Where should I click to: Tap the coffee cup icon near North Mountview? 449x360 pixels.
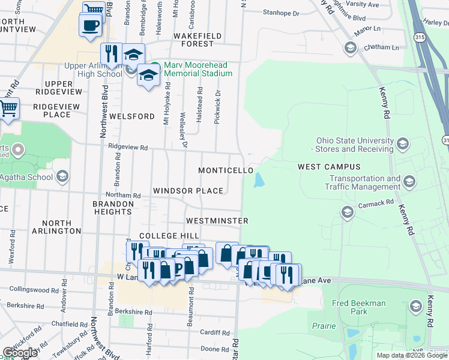point(91,26)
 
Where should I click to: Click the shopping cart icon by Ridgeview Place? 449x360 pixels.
point(8,109)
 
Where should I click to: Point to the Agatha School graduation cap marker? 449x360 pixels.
point(62,176)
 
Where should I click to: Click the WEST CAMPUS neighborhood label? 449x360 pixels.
point(329,166)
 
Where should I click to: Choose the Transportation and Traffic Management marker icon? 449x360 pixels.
point(409,181)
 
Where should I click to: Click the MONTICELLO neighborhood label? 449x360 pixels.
point(226,170)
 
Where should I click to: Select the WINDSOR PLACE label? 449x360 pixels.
point(188,191)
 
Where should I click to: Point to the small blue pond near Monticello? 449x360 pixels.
point(259,179)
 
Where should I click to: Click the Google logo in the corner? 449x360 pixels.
point(20,353)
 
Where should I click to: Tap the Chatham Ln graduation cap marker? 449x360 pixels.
point(350,47)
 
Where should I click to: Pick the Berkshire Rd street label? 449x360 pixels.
point(131,311)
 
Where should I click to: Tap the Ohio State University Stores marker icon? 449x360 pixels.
point(402,144)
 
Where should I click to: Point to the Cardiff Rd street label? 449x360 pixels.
point(211,332)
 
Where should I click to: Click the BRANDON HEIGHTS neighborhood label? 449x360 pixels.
point(113,208)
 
